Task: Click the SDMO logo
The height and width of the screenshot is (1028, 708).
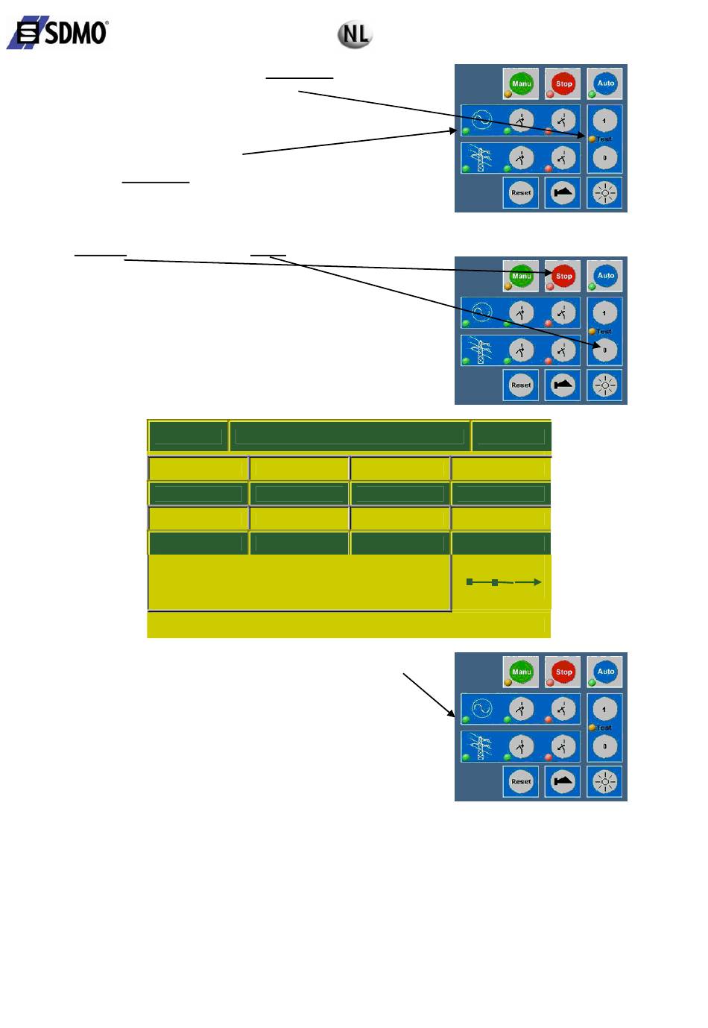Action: click(58, 34)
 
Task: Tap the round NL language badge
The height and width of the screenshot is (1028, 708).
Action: click(355, 34)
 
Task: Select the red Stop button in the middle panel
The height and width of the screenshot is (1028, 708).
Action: click(563, 276)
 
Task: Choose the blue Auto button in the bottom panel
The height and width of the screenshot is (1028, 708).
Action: click(605, 672)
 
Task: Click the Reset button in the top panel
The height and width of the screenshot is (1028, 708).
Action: click(521, 192)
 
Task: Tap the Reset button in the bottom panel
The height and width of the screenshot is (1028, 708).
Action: click(521, 781)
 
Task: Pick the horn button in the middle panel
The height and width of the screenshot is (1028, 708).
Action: click(563, 385)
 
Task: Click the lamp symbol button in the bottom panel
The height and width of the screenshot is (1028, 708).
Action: click(604, 781)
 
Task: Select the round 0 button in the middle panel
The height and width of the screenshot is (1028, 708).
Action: click(604, 350)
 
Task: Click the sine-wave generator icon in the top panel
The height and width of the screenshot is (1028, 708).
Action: click(482, 119)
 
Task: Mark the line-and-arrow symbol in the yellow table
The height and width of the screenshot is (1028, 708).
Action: click(503, 582)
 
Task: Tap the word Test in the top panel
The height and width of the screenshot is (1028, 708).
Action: click(604, 139)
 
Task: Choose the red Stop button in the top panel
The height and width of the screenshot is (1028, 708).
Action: click(563, 83)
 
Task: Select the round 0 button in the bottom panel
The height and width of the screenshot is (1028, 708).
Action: click(604, 745)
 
